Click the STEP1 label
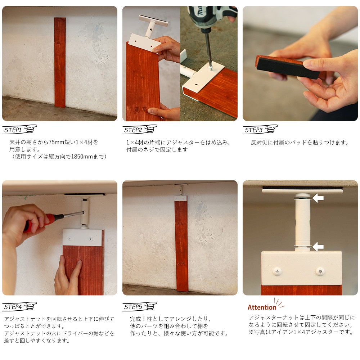(x=13, y=130)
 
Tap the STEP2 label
(x=133, y=130)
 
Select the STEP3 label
(x=253, y=130)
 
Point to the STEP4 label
(x=13, y=307)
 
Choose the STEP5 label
(x=133, y=307)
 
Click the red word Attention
(x=262, y=307)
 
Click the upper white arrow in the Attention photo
(x=318, y=198)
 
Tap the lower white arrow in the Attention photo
(x=318, y=247)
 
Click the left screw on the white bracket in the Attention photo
(x=277, y=271)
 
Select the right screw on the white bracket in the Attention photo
(x=320, y=271)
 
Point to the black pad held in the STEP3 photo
(x=287, y=68)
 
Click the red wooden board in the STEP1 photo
(x=60, y=62)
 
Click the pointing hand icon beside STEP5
(x=151, y=306)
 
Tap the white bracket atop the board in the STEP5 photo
(x=181, y=198)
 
